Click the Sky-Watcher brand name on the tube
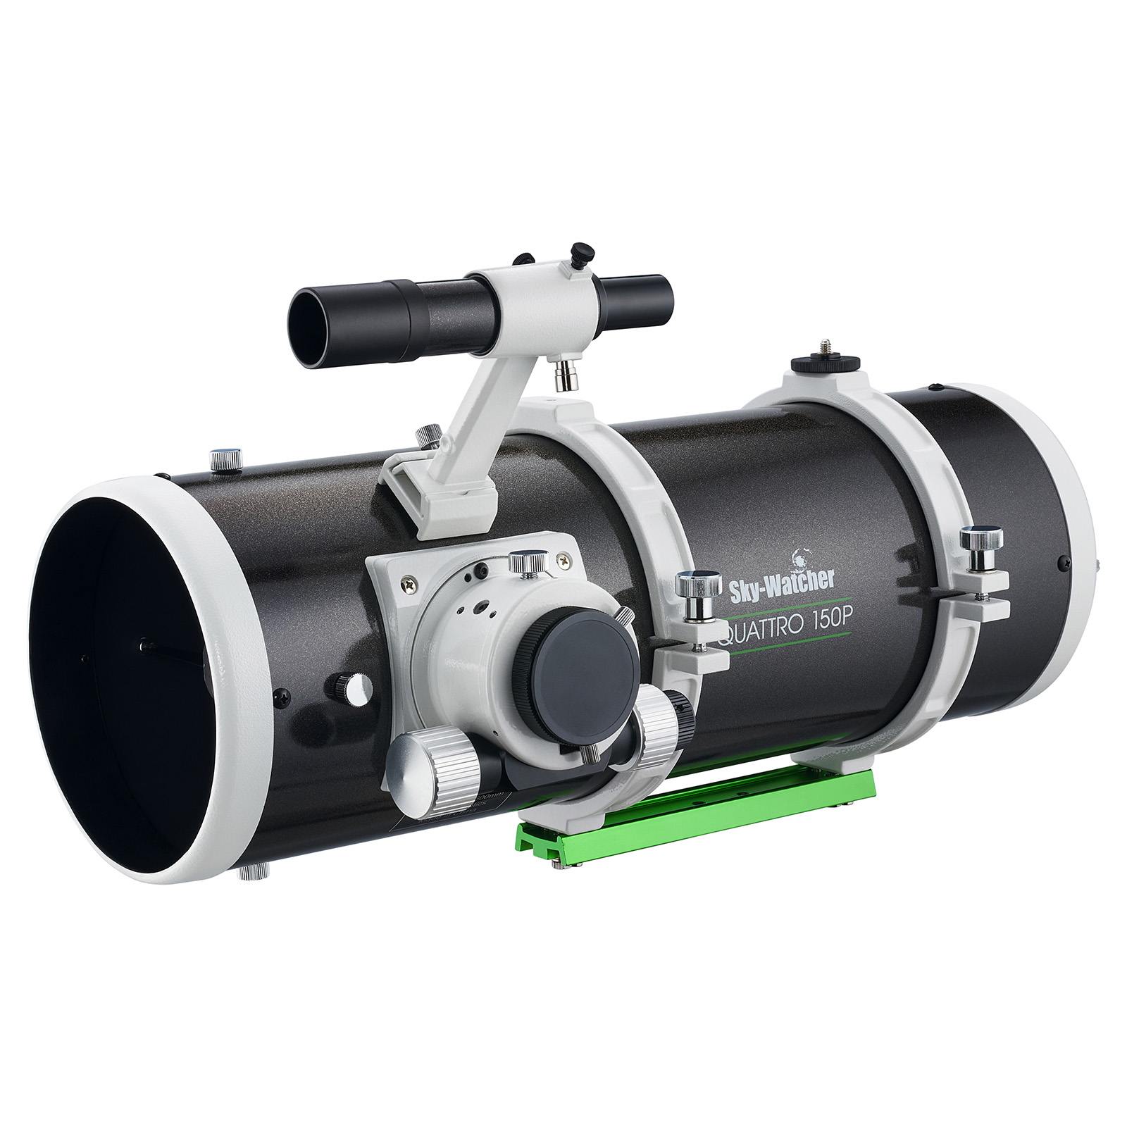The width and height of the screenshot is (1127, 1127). coord(783,579)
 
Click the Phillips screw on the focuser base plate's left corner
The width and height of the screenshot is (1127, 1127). coord(409,583)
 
